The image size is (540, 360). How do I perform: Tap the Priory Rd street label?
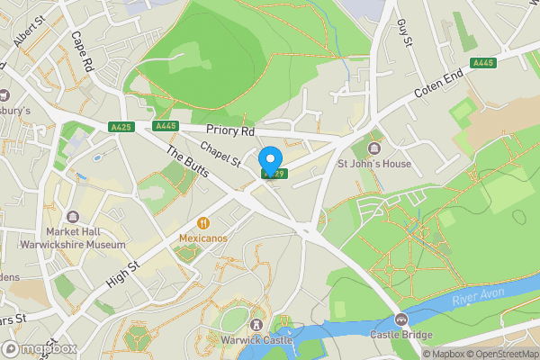click(x=231, y=130)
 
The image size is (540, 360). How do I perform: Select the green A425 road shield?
click(x=121, y=126)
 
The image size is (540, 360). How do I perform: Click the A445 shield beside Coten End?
click(x=484, y=61)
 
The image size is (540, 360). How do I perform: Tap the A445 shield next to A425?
click(x=166, y=126)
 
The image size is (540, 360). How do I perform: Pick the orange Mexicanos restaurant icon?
click(x=203, y=222)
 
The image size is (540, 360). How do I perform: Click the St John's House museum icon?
click(x=374, y=148)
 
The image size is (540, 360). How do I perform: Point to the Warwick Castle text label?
click(x=257, y=340)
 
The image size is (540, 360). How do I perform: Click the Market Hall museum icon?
click(x=73, y=216)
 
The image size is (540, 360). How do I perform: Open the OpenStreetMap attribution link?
click(x=496, y=354)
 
